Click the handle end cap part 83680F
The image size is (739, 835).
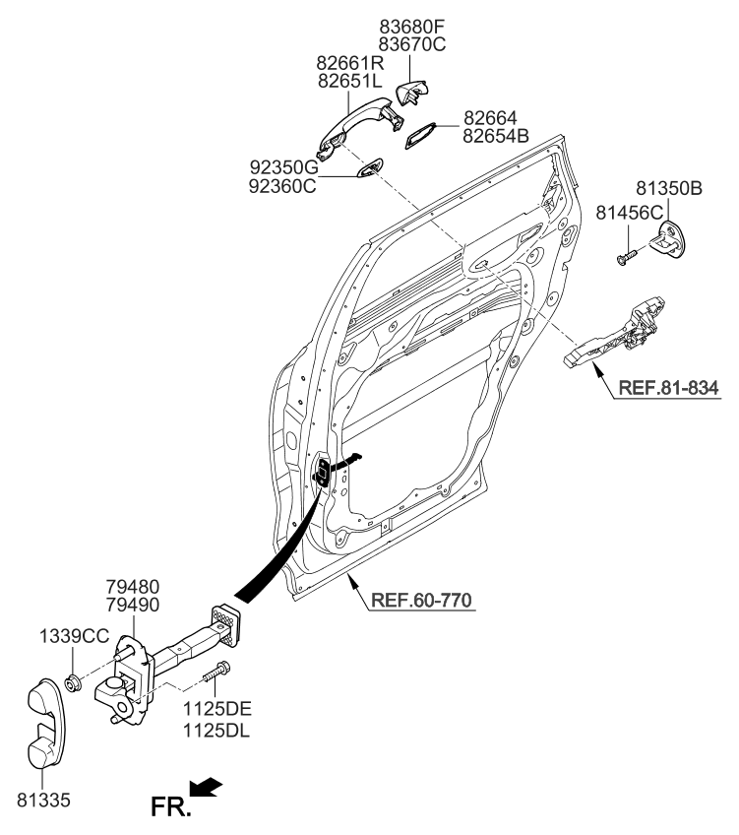(x=410, y=95)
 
